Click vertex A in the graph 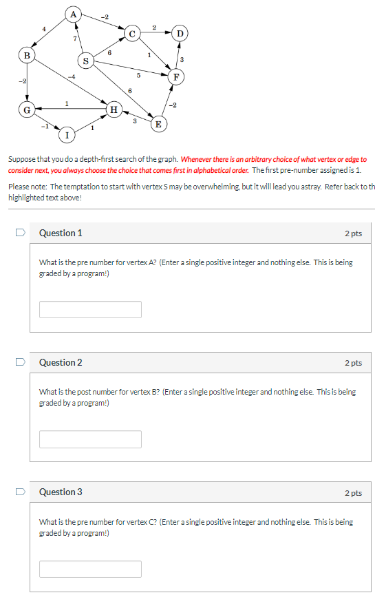pyautogui.click(x=74, y=13)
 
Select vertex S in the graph pyautogui.click(x=85, y=61)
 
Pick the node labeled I pyautogui.click(x=67, y=134)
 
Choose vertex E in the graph pyautogui.click(x=158, y=124)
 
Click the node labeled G pyautogui.click(x=27, y=109)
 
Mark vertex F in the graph pyautogui.click(x=178, y=76)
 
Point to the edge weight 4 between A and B pyautogui.click(x=44, y=28)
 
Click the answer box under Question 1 pyautogui.click(x=90, y=309)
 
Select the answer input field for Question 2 pyautogui.click(x=90, y=439)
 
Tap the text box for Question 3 pyautogui.click(x=90, y=568)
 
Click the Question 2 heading pyautogui.click(x=61, y=362)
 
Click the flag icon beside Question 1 pyautogui.click(x=21, y=233)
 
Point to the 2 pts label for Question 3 pyautogui.click(x=353, y=492)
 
